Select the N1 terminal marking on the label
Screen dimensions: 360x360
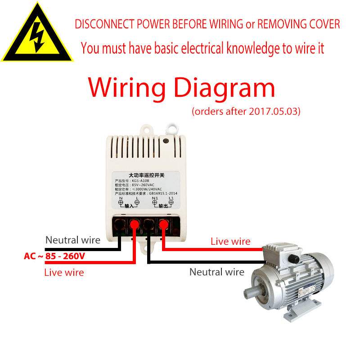point(155,198)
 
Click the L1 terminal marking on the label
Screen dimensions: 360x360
point(171,198)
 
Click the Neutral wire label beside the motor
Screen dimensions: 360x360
point(217,272)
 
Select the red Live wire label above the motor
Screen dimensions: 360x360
point(230,242)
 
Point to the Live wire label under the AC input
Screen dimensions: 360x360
point(64,272)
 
